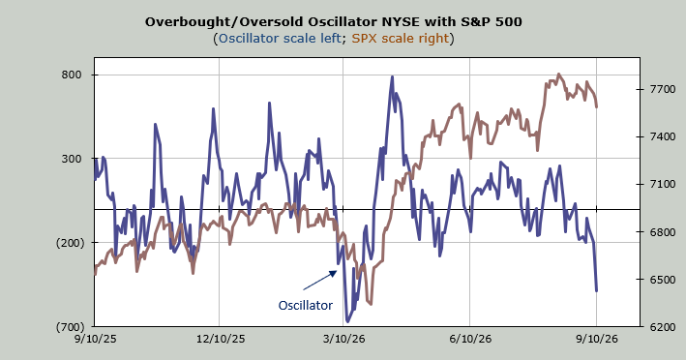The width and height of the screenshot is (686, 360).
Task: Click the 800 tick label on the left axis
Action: coord(72,75)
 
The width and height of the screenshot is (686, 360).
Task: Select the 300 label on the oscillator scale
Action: coord(72,159)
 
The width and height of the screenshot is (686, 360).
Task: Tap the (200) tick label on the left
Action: coord(70,243)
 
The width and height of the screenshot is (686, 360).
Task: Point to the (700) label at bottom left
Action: coord(70,327)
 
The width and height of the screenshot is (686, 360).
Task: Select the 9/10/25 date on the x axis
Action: coord(95,339)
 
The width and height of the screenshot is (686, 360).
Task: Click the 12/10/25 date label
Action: coord(220,339)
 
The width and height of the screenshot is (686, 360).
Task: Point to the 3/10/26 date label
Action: coord(343,339)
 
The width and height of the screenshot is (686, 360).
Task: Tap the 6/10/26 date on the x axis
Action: coord(470,339)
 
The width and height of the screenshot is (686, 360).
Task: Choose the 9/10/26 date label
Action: coord(597,339)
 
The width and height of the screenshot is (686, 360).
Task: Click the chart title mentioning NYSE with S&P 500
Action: coord(334,22)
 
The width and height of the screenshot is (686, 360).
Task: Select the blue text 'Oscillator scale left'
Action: coord(280,39)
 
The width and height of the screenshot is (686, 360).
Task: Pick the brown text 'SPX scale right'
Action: coord(401,39)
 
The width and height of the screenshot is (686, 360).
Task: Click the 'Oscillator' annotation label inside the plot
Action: coord(306,305)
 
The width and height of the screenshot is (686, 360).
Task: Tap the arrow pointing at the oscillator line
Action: coord(320,281)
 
